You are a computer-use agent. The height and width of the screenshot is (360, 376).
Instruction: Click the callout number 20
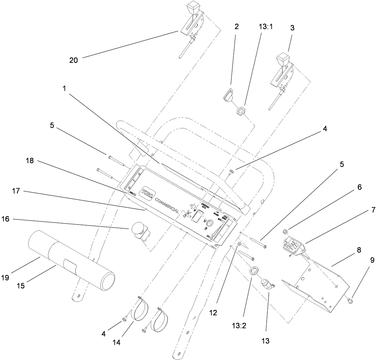(73, 60)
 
